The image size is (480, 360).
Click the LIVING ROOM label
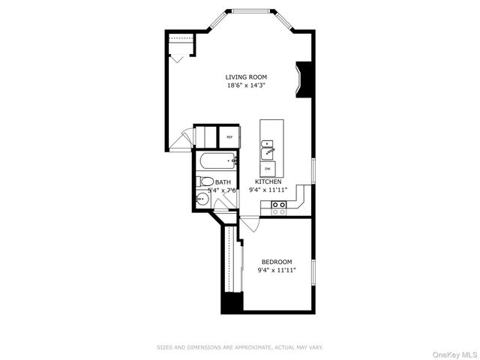point(246,77)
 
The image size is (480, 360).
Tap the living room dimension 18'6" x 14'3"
point(246,85)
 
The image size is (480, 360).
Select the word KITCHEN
point(268,182)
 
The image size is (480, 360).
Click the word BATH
point(223,182)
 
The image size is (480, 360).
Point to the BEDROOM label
point(277,262)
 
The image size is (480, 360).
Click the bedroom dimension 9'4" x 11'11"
point(277,270)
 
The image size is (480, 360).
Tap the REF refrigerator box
point(229,137)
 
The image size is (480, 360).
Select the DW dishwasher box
point(268,168)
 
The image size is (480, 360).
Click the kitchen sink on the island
point(268,153)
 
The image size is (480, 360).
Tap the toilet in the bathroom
point(206,181)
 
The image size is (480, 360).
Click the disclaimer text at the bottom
point(239,347)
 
